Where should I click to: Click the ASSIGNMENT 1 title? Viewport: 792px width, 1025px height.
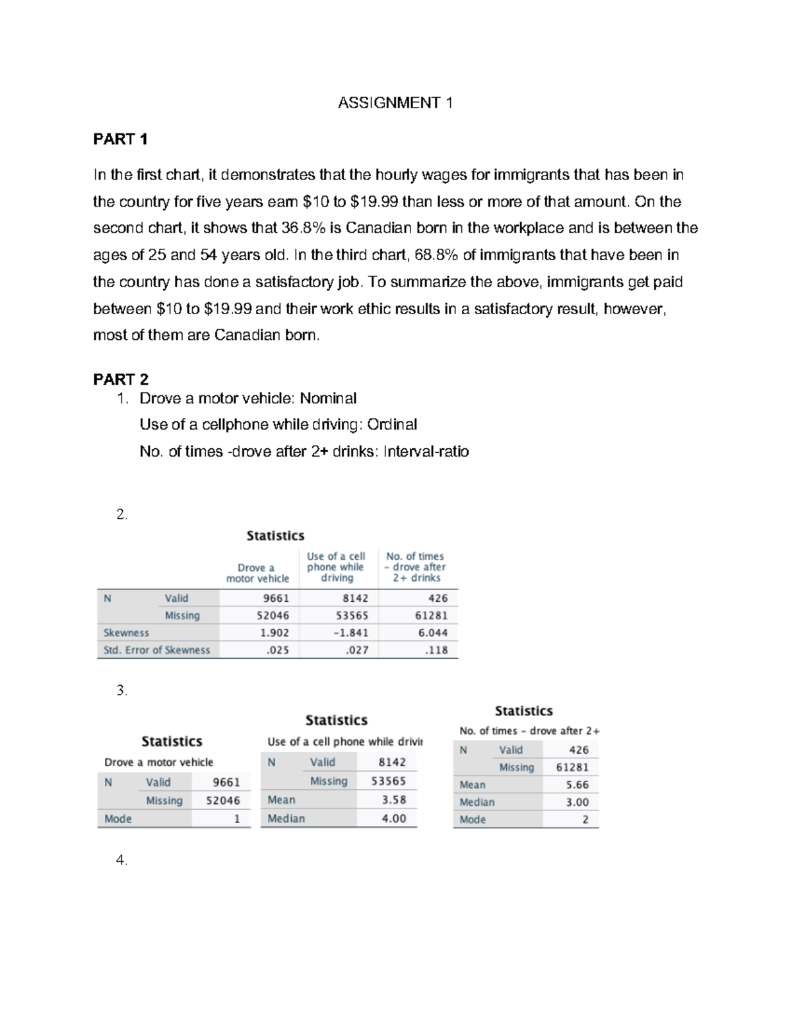pos(395,103)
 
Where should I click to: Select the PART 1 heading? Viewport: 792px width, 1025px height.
pos(120,139)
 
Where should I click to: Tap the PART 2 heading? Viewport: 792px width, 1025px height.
pos(120,380)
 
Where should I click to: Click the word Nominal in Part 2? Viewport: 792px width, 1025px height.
pos(328,399)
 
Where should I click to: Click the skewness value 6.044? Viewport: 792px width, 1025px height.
pos(433,633)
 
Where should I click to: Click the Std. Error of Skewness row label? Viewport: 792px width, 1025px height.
pos(156,650)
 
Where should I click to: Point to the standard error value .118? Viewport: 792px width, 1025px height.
pos(437,650)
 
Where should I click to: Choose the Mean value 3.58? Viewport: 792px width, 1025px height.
pos(394,800)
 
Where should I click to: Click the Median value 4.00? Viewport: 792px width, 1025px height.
pos(394,818)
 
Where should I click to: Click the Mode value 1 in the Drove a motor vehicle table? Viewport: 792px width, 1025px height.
pos(237,819)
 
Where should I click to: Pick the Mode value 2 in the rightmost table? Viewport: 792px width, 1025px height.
pos(585,820)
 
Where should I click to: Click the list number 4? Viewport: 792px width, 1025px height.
pos(121,860)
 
